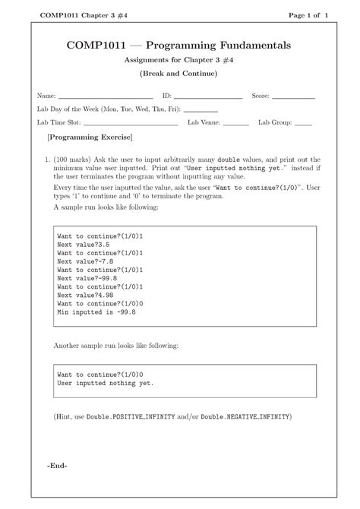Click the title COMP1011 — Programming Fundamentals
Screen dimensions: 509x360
178,46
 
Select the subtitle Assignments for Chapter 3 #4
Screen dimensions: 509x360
178,61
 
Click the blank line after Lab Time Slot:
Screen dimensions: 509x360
131,122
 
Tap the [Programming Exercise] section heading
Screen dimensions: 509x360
90,138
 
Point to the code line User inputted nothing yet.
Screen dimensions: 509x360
105,384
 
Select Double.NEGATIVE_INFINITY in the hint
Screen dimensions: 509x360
245,417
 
